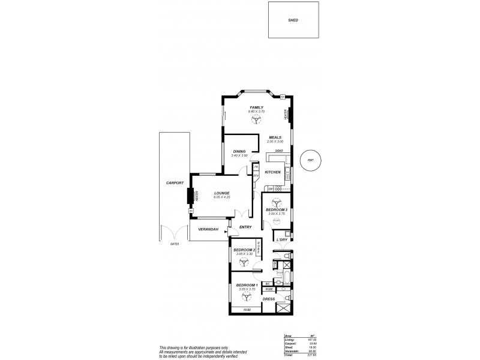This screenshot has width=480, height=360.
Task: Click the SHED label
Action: pyautogui.click(x=293, y=20)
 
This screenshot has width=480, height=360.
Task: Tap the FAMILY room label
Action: pyautogui.click(x=257, y=108)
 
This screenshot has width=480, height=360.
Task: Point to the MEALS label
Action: pyautogui.click(x=275, y=137)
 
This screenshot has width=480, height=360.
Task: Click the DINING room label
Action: pyautogui.click(x=239, y=151)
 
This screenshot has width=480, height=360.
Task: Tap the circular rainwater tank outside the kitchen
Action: pyautogui.click(x=310, y=160)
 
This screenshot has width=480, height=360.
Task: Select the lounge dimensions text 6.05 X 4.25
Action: pyautogui.click(x=221, y=198)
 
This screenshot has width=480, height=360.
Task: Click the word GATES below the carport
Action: pyautogui.click(x=175, y=244)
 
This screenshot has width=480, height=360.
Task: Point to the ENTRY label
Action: pyautogui.click(x=245, y=227)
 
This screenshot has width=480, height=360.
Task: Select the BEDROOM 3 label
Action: pyautogui.click(x=277, y=209)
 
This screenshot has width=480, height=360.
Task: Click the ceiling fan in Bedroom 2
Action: pyautogui.click(x=244, y=262)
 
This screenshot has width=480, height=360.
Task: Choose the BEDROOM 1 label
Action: pyautogui.click(x=247, y=285)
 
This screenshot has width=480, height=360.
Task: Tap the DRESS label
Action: pyautogui.click(x=269, y=298)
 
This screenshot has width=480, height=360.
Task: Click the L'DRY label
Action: pyautogui.click(x=282, y=240)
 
